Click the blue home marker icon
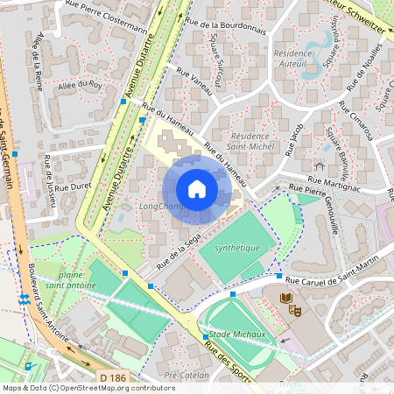[x=197, y=189]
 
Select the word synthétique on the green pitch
[x=237, y=248]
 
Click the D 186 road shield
[x=111, y=377]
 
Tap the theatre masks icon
[x=296, y=308]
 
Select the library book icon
[x=285, y=299]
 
